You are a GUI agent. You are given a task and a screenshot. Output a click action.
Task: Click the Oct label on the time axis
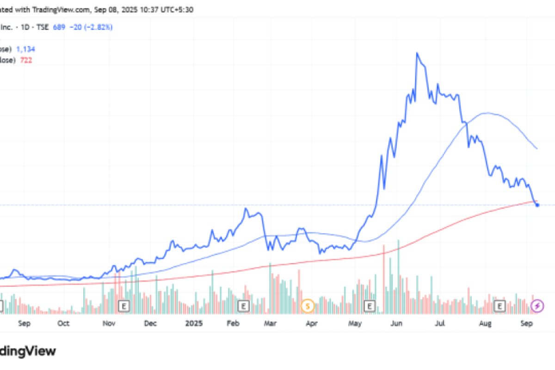(63, 324)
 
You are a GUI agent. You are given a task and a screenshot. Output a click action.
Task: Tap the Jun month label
(396, 324)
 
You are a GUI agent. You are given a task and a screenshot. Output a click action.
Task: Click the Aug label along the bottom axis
(485, 324)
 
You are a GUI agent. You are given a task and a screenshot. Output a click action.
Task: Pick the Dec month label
(151, 324)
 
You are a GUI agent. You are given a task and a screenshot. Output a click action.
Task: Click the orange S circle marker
(308, 306)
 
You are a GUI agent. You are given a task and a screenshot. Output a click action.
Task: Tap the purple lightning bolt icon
(537, 306)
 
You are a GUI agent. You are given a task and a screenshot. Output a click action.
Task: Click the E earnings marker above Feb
(244, 306)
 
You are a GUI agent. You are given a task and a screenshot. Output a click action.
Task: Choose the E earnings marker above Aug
(499, 306)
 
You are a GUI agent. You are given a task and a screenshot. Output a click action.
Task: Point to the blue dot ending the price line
(537, 205)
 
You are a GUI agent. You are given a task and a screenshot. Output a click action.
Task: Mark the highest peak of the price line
(417, 53)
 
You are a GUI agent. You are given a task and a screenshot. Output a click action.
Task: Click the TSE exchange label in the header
(43, 27)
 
